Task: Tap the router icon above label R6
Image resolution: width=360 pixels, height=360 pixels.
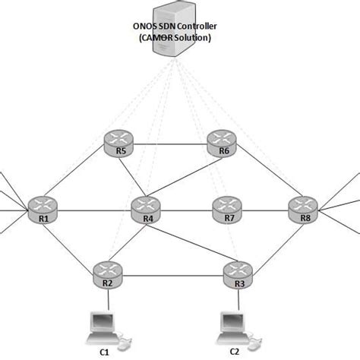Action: [222, 140]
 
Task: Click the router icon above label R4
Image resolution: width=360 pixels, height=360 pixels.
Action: [147, 205]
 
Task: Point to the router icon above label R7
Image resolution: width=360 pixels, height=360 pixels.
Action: [226, 205]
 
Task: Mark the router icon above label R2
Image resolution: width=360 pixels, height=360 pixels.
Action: [107, 270]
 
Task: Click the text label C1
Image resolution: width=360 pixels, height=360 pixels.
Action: [105, 352]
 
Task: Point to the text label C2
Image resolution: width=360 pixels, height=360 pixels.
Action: [235, 352]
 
